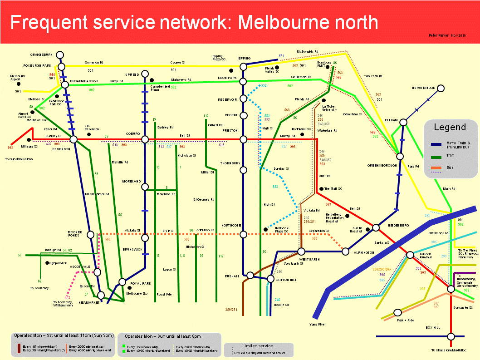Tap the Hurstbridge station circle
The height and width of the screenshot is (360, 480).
tap(441, 88)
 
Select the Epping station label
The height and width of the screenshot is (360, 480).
tap(245, 58)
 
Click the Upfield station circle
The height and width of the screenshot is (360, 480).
tap(145, 74)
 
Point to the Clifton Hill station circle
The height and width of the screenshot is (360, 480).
tap(271, 279)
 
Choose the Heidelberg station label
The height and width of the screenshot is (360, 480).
tap(398, 226)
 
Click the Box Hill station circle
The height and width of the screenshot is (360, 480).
tap(451, 336)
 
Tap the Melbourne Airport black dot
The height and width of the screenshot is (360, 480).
tap(19, 84)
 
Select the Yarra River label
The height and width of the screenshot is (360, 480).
tap(317, 325)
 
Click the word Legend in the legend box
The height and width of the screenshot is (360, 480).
tap(450, 127)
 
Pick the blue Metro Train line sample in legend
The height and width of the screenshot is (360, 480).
tap(436, 144)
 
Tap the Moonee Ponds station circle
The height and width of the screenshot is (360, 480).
tap(90, 235)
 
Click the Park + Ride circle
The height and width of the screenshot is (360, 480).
tap(398, 312)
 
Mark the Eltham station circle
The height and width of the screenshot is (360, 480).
tap(403, 122)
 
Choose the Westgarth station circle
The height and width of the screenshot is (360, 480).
tap(301, 252)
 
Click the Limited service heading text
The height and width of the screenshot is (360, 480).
tap(258, 346)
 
